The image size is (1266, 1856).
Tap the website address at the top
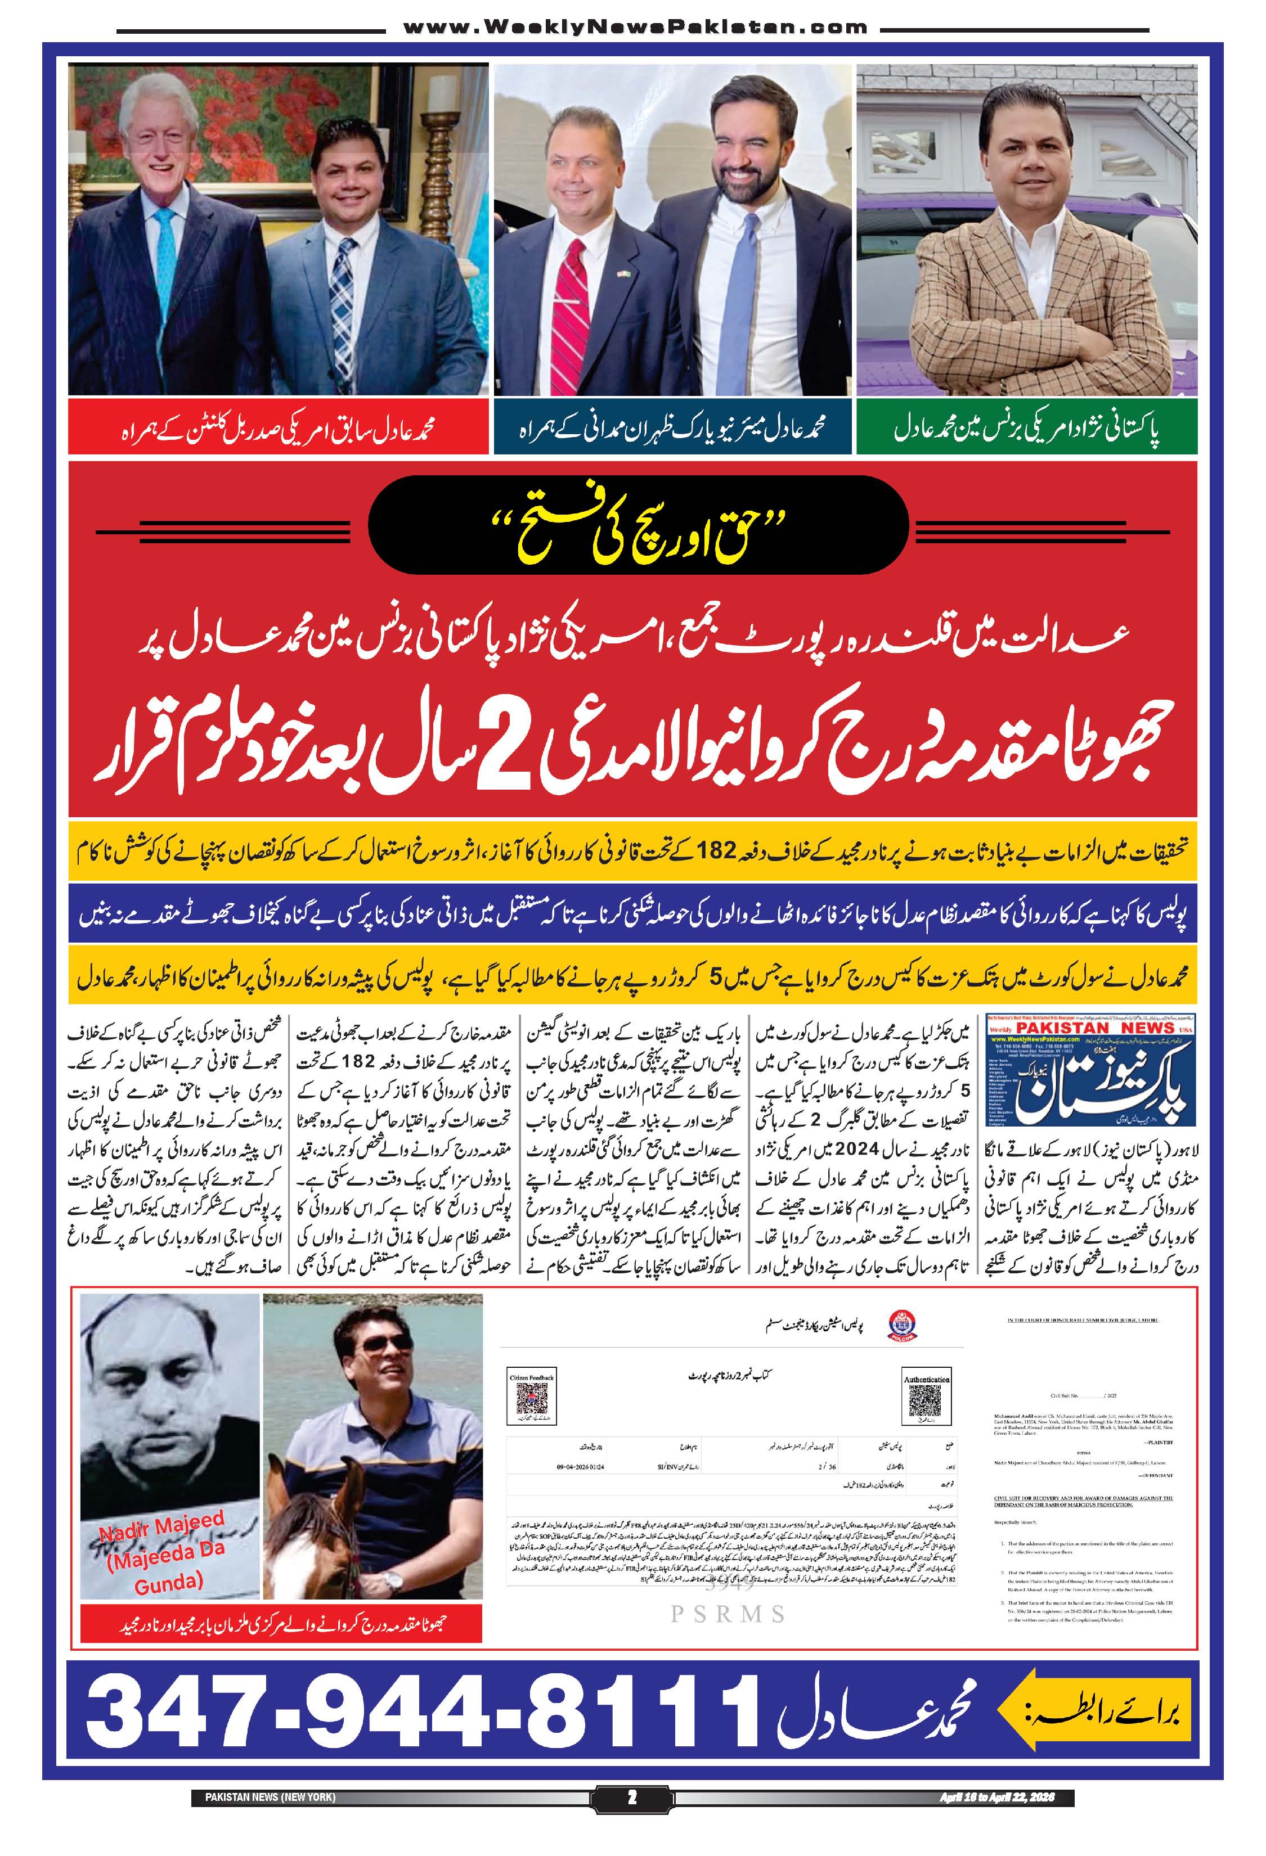[x=635, y=27]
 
